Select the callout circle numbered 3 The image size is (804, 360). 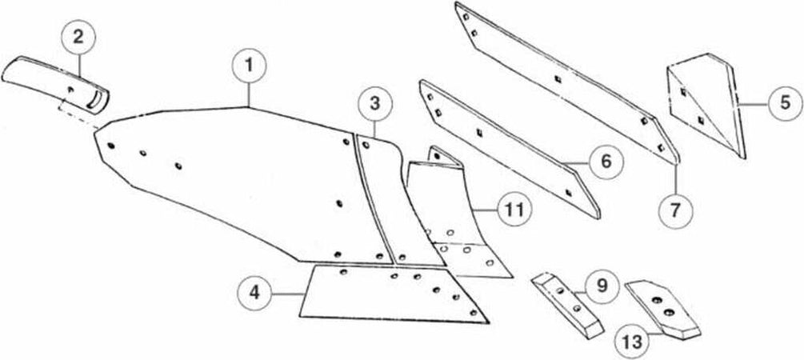(x=374, y=106)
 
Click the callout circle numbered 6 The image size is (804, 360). (x=606, y=161)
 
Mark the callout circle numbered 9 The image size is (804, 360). (x=602, y=285)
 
